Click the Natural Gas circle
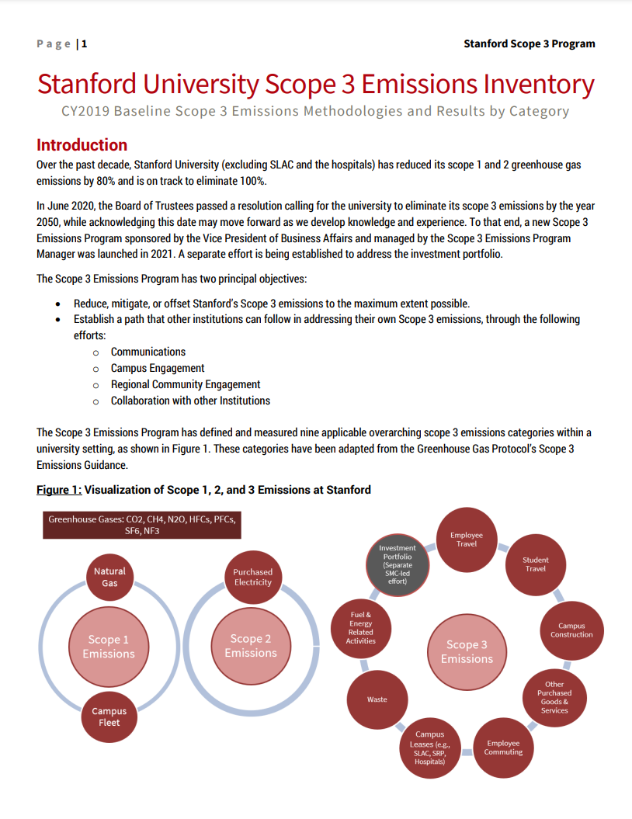click(109, 577)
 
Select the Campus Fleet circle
click(109, 717)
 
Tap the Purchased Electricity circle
click(252, 577)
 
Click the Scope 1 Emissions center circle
click(109, 647)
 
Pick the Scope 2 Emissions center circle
click(251, 646)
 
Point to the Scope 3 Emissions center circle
click(467, 651)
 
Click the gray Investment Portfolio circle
click(398, 564)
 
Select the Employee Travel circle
click(467, 539)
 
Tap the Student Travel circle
click(535, 564)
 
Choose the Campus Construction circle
click(571, 630)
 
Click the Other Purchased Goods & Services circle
click(554, 697)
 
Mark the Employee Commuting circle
click(503, 747)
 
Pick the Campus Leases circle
click(429, 748)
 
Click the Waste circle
click(377, 699)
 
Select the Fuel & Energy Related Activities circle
click(361, 628)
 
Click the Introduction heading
click(82, 145)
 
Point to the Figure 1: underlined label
click(59, 490)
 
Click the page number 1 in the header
click(85, 43)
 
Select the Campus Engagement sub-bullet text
click(158, 368)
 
